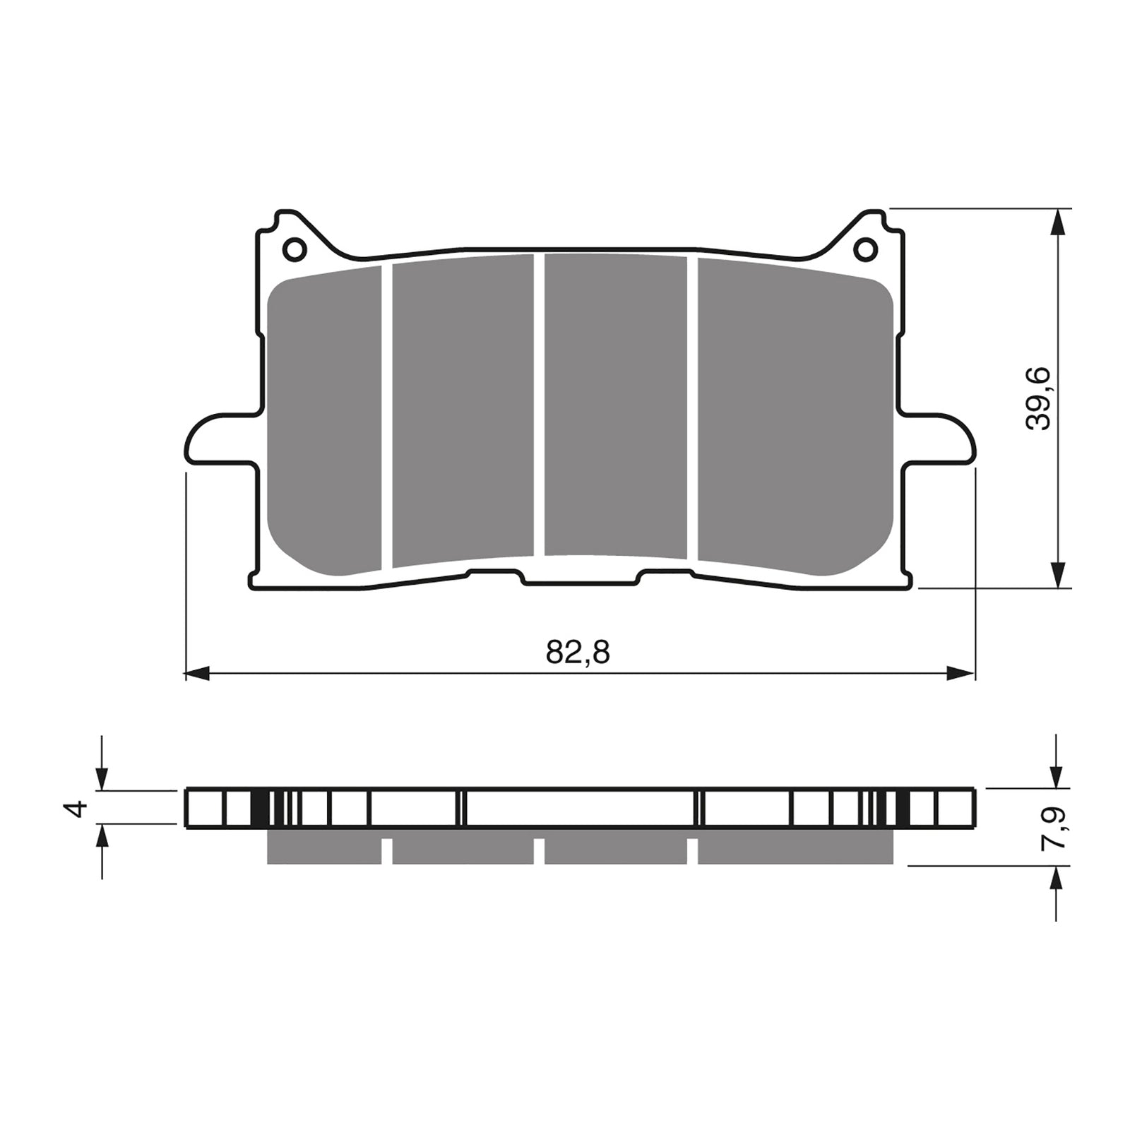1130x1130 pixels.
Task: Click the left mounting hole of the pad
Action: point(294,249)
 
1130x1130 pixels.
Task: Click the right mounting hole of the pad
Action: point(865,249)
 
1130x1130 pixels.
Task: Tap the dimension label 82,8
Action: point(577,653)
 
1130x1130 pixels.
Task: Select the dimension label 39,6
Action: point(1039,398)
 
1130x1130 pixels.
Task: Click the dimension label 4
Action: point(77,808)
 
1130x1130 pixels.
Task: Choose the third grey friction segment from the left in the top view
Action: point(615,406)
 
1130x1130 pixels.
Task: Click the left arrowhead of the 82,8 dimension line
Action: point(198,674)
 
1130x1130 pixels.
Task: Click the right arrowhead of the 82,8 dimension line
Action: point(961,674)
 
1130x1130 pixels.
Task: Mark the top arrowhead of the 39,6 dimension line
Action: point(1057,222)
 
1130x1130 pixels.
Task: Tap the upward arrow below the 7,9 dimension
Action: point(1057,880)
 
